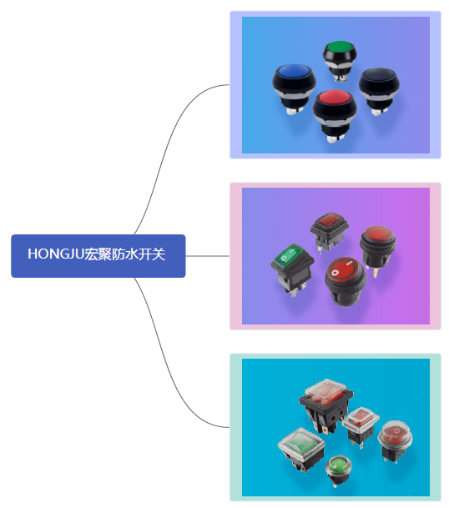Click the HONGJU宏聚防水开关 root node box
tap(98, 256)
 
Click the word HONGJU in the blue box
tap(56, 254)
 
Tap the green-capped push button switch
tap(340, 61)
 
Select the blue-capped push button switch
tap(294, 88)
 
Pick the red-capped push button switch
tap(335, 115)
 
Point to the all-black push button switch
tap(379, 90)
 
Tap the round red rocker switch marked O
tap(346, 281)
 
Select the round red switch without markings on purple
tap(377, 249)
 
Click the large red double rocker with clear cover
tap(325, 405)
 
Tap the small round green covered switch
tap(339, 470)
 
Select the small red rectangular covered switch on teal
tap(361, 425)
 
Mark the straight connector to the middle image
tap(208, 256)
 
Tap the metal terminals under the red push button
tap(333, 138)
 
